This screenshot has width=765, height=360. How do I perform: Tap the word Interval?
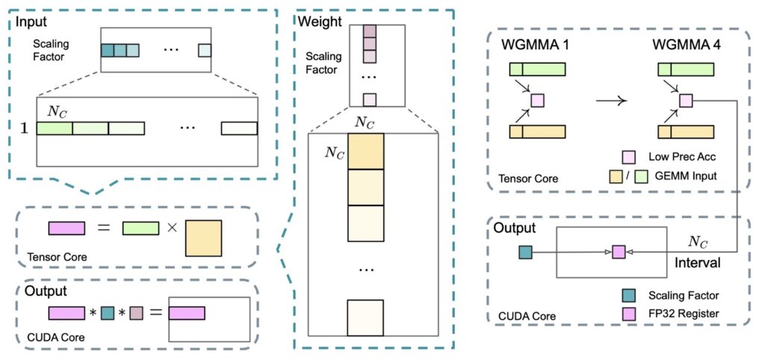click(697, 263)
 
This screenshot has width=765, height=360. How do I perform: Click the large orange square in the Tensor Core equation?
click(202, 237)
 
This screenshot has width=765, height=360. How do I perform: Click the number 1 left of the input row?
click(24, 128)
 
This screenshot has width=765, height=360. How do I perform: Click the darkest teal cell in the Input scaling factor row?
click(108, 51)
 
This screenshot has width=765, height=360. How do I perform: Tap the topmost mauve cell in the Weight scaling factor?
click(369, 31)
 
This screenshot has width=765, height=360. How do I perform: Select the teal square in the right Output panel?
click(525, 252)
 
